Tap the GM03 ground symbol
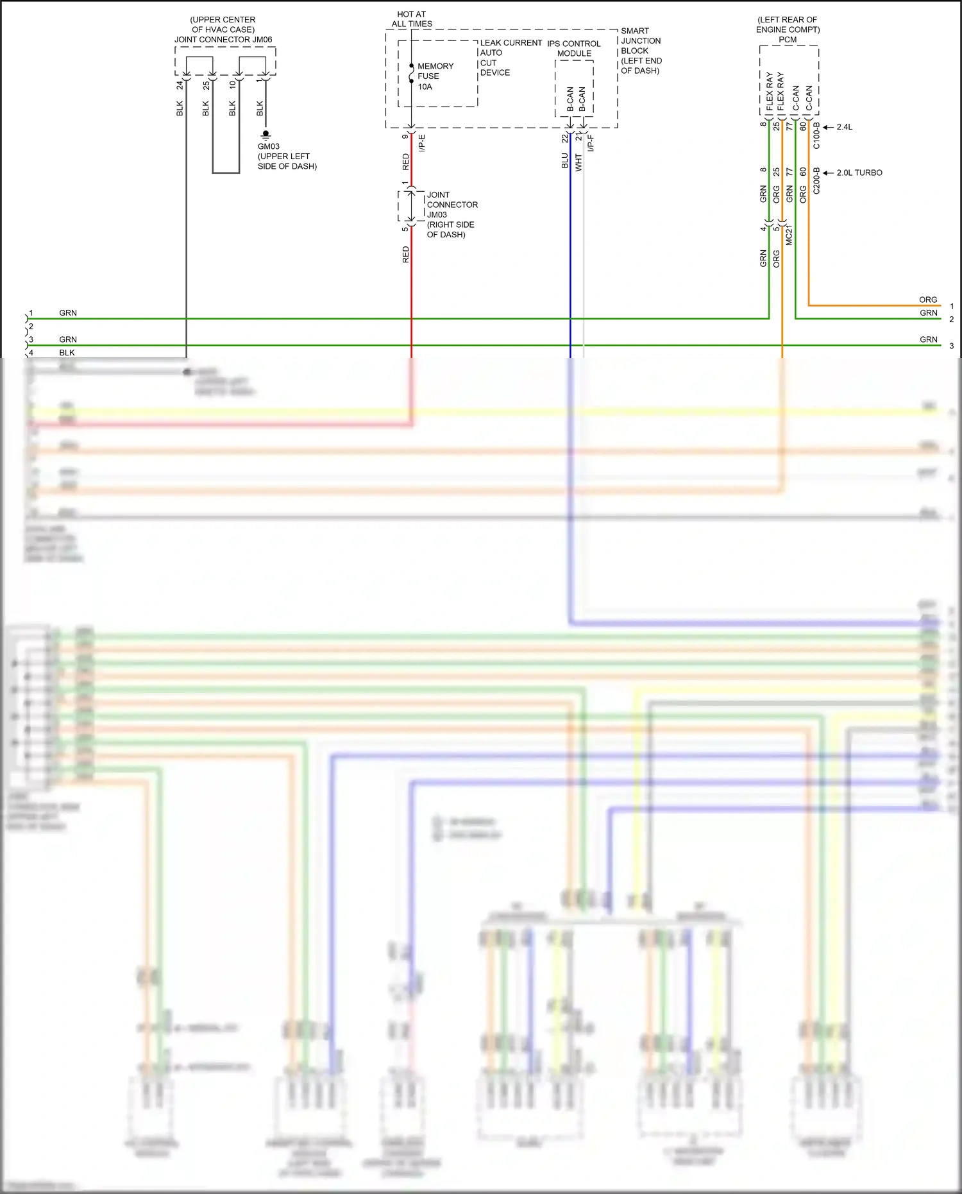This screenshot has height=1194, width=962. [266, 135]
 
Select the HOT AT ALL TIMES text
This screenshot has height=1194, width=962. [412, 19]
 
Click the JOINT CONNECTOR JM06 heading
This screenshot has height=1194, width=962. [223, 39]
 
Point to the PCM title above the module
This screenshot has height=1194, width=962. [788, 39]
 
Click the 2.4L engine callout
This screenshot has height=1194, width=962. [844, 127]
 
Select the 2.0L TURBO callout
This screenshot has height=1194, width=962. [859, 173]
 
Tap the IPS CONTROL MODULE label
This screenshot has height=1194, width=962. [574, 48]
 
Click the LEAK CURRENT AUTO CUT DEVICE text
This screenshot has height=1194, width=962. [510, 58]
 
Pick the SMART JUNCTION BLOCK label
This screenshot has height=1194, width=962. [641, 51]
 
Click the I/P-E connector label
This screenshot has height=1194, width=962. [422, 144]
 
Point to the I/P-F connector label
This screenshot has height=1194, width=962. [591, 144]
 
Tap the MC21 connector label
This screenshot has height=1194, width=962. [789, 235]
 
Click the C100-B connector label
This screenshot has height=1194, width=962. [816, 136]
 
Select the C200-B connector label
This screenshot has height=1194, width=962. [816, 181]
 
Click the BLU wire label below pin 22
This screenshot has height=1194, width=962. [565, 160]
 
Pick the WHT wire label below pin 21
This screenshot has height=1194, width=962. [578, 162]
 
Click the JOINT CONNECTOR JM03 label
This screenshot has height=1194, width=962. [451, 214]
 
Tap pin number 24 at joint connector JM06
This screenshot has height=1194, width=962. [180, 85]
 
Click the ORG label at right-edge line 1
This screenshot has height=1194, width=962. [927, 300]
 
